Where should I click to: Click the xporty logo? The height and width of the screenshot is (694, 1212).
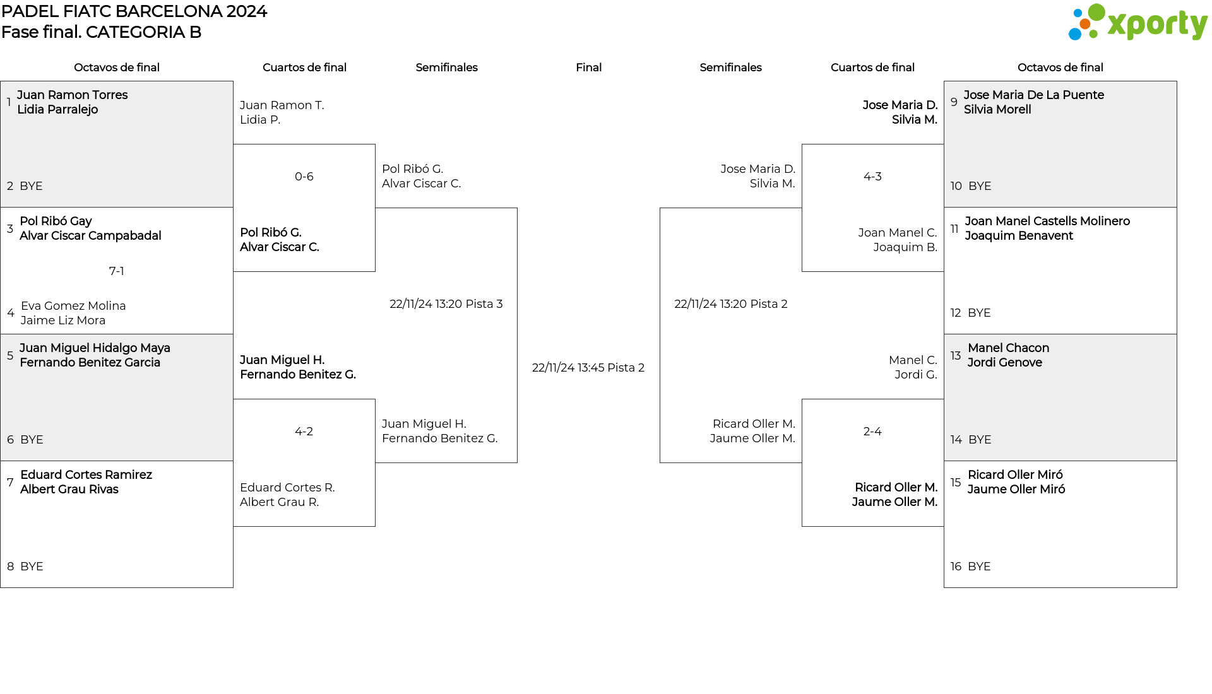coord(1138,23)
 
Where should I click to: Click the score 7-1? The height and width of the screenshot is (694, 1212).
coord(117,271)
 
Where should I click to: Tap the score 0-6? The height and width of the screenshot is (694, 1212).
coord(304,177)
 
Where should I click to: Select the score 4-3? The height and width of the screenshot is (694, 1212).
coord(872,177)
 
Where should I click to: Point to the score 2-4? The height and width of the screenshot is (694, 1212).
coord(872,432)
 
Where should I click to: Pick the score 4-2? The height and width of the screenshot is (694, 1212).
coord(304,432)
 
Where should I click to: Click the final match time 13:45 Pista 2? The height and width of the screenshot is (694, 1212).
coord(588,368)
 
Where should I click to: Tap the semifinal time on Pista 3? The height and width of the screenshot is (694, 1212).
coord(446,304)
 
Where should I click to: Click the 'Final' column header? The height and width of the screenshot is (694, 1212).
coord(588,68)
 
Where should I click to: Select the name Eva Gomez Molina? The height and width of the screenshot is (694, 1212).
coord(73,306)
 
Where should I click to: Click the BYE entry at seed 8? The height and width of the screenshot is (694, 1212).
coord(32,567)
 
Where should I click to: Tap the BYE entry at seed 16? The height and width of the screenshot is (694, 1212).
coord(979,567)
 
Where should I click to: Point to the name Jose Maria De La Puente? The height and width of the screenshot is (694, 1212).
coord(1034,95)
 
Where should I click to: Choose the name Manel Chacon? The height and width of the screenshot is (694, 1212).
coord(1009,348)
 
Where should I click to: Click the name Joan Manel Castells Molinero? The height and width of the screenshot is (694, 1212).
coord(1047,221)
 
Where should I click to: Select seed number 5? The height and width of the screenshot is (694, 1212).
coord(10,356)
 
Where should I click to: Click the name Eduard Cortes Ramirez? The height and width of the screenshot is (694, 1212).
coord(86,475)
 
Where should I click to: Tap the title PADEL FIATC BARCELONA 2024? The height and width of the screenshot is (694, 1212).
coord(134,11)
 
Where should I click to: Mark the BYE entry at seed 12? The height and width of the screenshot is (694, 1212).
coord(979,313)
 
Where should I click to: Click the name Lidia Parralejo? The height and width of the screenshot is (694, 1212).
coord(57,110)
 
